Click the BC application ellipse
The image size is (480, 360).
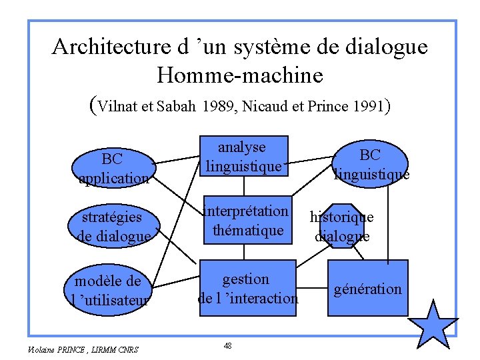tap(113, 167)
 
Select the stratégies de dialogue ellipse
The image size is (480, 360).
tap(112, 226)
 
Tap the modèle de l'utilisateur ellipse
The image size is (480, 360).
tap(113, 289)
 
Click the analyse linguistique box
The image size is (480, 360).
tap(245, 157)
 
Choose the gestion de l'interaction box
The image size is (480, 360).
tap(248, 288)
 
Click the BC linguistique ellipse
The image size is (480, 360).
tap(371, 164)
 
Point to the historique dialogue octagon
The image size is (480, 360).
tap(343, 226)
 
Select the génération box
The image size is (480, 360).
tap(368, 289)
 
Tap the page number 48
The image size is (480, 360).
tap(228, 345)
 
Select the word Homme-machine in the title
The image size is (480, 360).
tap(240, 75)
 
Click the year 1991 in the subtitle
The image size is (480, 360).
tap(364, 105)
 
